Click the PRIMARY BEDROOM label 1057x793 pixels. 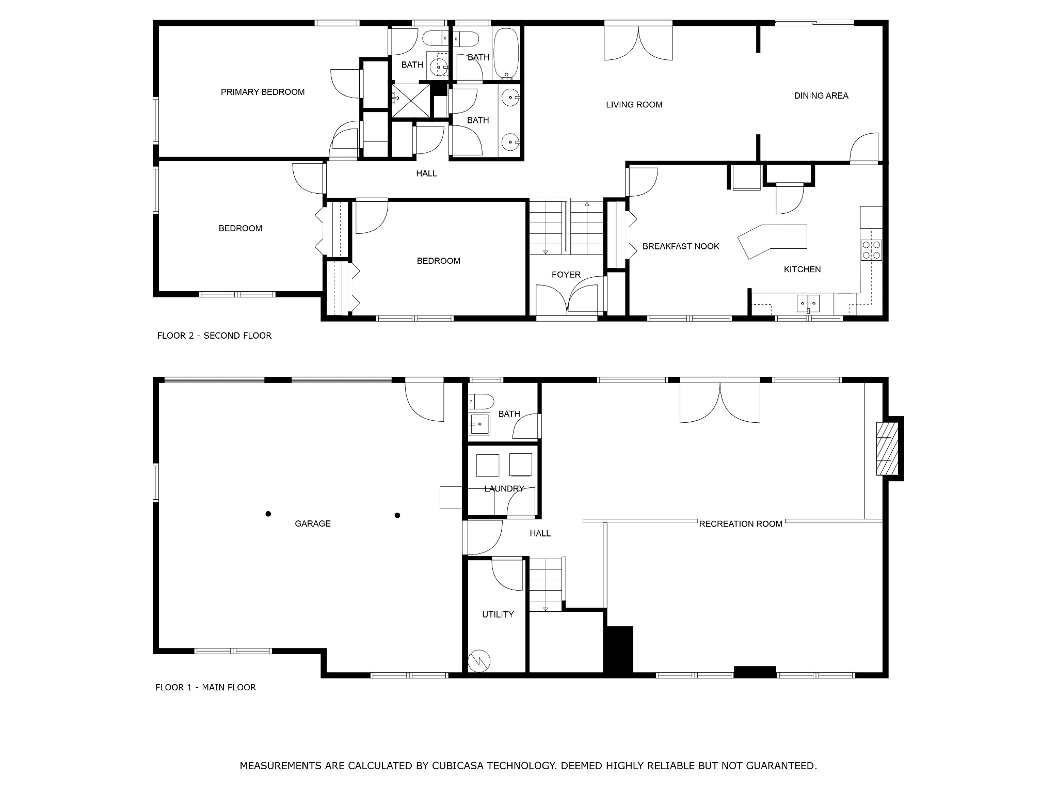pyautogui.click(x=263, y=92)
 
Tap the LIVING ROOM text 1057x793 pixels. pyautogui.click(x=634, y=105)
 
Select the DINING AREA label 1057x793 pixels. pyautogui.click(x=821, y=96)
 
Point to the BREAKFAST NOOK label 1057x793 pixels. pyautogui.click(x=681, y=246)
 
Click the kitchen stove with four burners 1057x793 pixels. pyautogui.click(x=871, y=249)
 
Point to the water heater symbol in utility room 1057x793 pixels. pyautogui.click(x=479, y=660)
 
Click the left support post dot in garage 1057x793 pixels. pyautogui.click(x=268, y=514)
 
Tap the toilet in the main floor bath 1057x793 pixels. pyautogui.click(x=481, y=401)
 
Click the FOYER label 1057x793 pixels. pyautogui.click(x=566, y=275)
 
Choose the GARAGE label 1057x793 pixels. pyautogui.click(x=313, y=524)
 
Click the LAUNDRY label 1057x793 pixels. pyautogui.click(x=504, y=488)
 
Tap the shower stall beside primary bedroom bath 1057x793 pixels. pyautogui.click(x=411, y=101)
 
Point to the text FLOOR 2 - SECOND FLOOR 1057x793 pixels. pyautogui.click(x=214, y=336)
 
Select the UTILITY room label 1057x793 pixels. pyautogui.click(x=498, y=614)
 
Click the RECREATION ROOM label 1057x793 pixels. pyautogui.click(x=741, y=524)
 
